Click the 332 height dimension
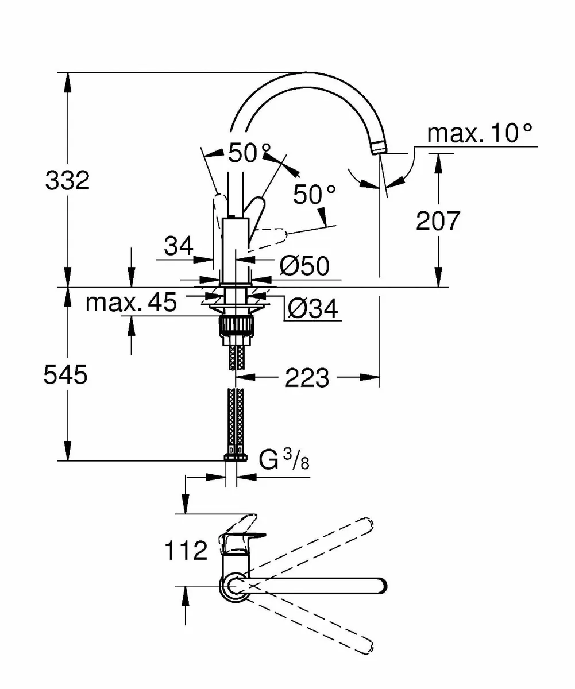68,181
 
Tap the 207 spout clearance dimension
438,220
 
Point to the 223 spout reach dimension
308,378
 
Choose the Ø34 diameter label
312,309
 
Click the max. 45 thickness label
132,302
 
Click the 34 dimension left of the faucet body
178,247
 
